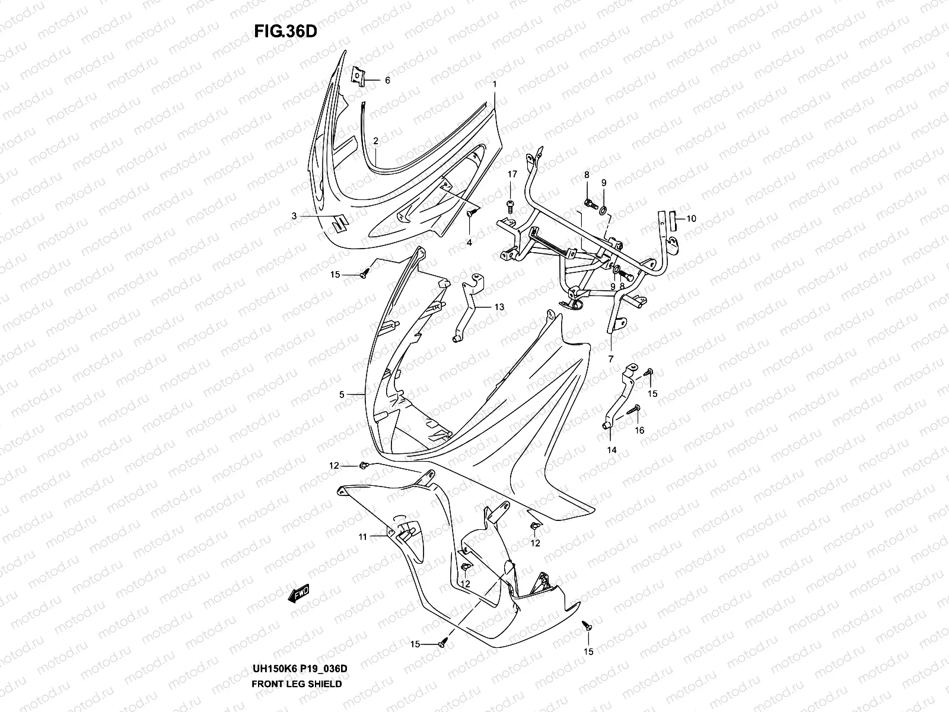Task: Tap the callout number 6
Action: point(387,80)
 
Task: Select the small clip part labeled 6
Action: point(358,76)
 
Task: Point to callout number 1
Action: point(494,85)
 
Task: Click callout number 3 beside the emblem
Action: point(294,217)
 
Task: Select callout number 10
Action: point(691,218)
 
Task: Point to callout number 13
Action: point(499,307)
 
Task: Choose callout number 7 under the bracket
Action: point(610,359)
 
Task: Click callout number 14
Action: point(612,450)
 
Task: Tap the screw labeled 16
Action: point(636,409)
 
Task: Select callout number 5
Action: point(342,394)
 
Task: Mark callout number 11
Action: point(362,537)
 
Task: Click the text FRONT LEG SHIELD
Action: point(297,684)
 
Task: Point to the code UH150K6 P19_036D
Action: point(299,669)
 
